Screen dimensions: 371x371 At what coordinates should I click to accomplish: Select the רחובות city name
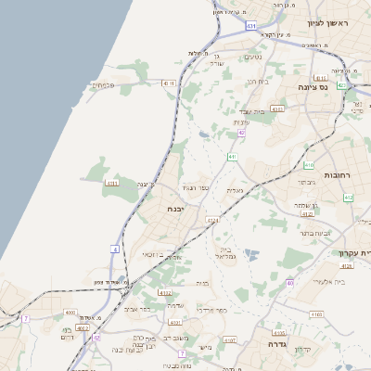334,174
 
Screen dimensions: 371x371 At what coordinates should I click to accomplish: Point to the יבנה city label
178,209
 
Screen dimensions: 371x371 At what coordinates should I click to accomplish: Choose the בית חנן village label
257,82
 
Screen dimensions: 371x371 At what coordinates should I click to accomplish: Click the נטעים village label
251,57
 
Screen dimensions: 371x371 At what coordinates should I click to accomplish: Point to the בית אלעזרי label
330,281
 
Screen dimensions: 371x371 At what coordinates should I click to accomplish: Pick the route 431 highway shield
250,27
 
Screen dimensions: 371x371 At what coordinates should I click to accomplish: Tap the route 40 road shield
290,283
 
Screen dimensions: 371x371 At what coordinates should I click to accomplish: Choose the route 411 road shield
232,158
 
